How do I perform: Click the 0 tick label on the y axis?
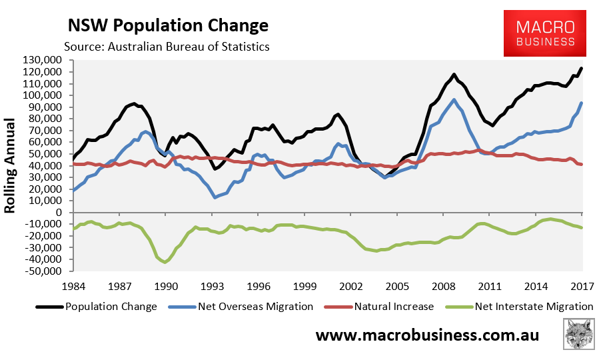tap(59, 213)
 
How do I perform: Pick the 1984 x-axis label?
tap(73, 287)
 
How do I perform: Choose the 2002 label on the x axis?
tap(351, 287)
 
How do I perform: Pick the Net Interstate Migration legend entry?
tap(524, 307)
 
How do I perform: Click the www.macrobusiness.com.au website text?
tap(427, 335)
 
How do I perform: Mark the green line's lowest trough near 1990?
tap(165, 262)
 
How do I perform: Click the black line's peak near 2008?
tap(454, 75)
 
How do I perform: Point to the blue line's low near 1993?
tap(215, 197)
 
